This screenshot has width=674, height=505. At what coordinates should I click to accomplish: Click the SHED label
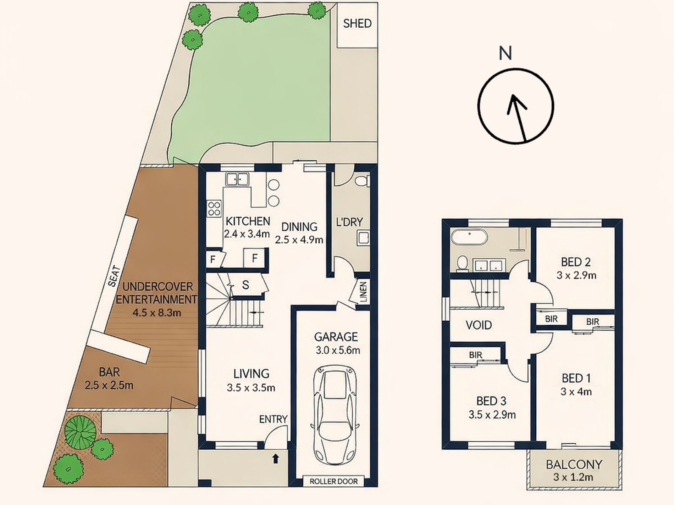[x=357, y=23]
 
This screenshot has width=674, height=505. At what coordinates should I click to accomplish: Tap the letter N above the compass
[x=506, y=53]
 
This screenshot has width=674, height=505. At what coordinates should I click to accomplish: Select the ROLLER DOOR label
[x=333, y=481]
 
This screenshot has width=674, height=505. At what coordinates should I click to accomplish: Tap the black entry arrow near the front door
[x=275, y=459]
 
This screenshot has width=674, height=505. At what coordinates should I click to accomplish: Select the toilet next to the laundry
[x=363, y=181]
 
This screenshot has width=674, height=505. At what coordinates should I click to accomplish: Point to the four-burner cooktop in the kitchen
[x=214, y=208]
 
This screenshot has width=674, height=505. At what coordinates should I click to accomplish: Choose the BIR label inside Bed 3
[x=476, y=355]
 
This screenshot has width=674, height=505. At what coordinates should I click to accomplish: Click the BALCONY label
[x=574, y=464]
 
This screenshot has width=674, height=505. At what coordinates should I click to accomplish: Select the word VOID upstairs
[x=479, y=325]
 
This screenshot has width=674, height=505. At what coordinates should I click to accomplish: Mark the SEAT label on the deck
[x=114, y=276]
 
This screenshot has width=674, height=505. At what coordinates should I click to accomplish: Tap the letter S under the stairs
[x=245, y=285]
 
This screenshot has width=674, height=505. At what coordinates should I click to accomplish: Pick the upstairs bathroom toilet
[x=462, y=263]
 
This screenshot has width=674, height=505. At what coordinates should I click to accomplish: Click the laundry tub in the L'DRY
[x=363, y=238]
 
